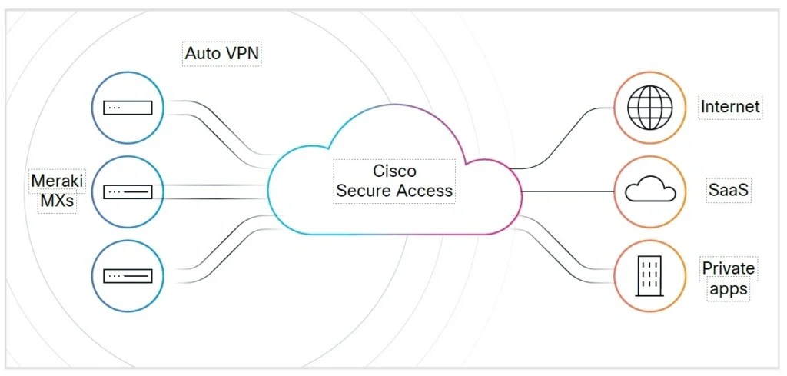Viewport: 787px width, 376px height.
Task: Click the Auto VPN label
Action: [x=222, y=53]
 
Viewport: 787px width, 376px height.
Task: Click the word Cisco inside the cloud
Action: [x=394, y=171]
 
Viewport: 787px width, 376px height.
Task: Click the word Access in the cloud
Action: [x=426, y=191]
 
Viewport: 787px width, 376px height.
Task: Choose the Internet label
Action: [x=730, y=107]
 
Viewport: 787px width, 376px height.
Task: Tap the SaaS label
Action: [x=729, y=191]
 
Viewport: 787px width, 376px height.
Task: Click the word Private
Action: [x=729, y=268]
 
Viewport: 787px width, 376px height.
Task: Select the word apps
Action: [x=729, y=290]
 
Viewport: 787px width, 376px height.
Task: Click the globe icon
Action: [x=650, y=108]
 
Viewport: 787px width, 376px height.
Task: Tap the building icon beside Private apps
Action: [x=649, y=275]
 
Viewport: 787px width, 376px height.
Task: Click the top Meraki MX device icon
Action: [x=128, y=108]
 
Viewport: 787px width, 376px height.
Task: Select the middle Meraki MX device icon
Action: [x=128, y=191]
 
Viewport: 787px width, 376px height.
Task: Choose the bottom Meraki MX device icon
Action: [x=128, y=275]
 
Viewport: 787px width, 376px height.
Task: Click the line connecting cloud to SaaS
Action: [x=568, y=191]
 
